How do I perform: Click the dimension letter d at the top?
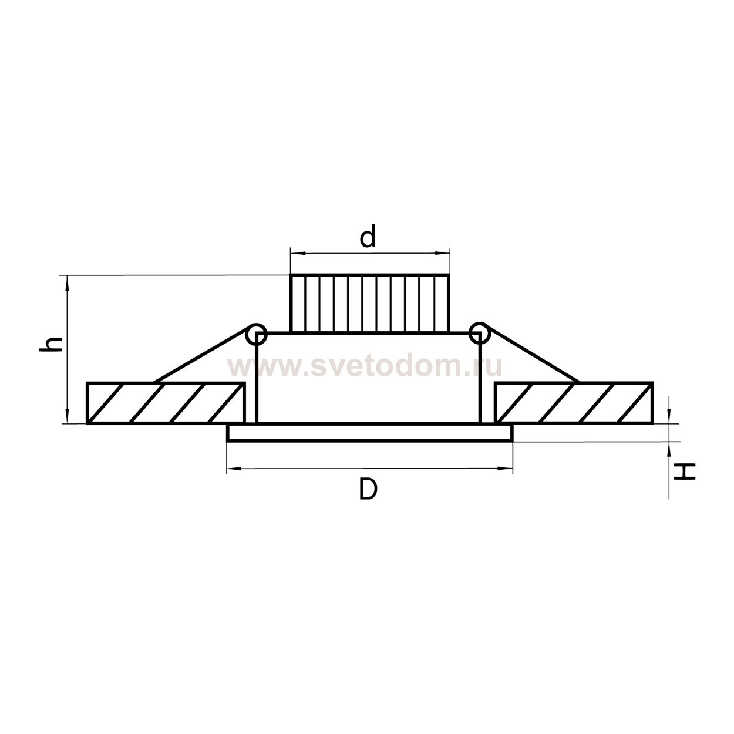point(368,236)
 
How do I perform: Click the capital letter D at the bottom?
point(368,489)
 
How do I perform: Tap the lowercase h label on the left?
point(51,345)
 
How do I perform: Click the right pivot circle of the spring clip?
point(479,333)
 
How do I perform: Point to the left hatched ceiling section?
point(166,403)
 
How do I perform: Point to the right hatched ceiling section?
point(574,403)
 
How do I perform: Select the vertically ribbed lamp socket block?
point(370,303)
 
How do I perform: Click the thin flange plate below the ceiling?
point(370,433)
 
